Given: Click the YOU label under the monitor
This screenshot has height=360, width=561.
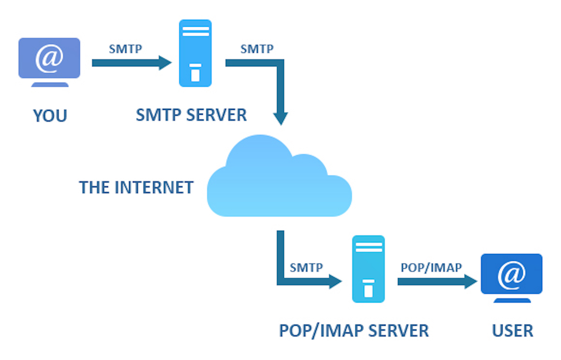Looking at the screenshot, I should (50, 116).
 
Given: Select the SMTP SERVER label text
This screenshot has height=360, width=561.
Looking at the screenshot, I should (191, 115).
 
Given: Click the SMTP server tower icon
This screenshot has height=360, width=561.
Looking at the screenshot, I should (195, 53).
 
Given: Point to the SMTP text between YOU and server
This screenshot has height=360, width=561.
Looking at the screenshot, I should (125, 49).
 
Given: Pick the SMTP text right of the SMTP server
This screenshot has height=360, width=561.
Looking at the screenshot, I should (257, 49).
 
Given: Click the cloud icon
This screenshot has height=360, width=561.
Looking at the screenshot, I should (279, 180).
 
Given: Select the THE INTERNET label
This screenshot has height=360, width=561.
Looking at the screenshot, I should (136, 188).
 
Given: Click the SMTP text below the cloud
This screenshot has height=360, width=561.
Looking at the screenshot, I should (306, 267).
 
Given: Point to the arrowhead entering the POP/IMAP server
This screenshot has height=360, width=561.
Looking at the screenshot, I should (335, 282).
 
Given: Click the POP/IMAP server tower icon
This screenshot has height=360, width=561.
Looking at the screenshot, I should (369, 269).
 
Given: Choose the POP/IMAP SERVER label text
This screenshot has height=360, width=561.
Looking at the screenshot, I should (354, 331).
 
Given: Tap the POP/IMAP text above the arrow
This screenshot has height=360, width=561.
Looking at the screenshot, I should (431, 267).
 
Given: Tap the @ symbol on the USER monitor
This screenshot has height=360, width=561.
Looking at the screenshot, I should (511, 274).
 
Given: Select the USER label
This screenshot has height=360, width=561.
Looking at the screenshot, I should (512, 331).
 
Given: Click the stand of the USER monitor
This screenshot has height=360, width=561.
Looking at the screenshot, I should (512, 300).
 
